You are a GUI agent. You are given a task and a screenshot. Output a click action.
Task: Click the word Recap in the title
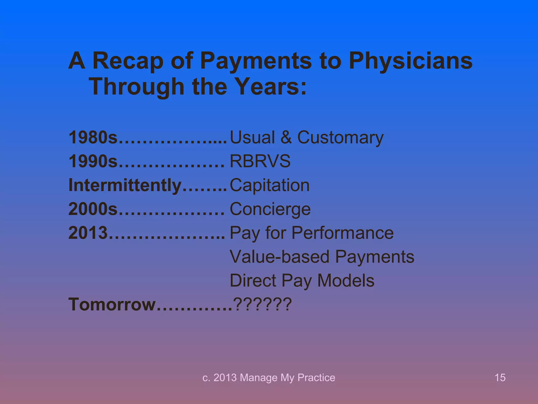pyautogui.click(x=128, y=61)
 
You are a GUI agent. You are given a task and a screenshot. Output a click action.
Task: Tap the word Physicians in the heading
pyautogui.click(x=411, y=61)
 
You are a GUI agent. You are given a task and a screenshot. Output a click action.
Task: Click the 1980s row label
pyautogui.click(x=93, y=137)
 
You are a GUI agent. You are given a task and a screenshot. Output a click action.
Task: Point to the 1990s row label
pyautogui.click(x=93, y=161)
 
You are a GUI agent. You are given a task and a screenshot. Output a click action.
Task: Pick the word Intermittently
pyautogui.click(x=125, y=185)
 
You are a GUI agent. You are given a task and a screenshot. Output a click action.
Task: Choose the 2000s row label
pyautogui.click(x=93, y=209)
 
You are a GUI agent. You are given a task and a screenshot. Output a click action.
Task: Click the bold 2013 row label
pyautogui.click(x=88, y=233)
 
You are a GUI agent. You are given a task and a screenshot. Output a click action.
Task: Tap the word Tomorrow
pyautogui.click(x=112, y=304)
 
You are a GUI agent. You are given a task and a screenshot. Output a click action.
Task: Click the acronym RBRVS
pyautogui.click(x=260, y=161)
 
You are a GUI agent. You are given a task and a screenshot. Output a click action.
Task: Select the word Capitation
pyautogui.click(x=270, y=185)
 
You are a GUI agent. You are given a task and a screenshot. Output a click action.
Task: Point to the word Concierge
pyautogui.click(x=270, y=209)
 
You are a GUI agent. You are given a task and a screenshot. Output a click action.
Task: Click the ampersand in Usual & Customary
pyautogui.click(x=286, y=137)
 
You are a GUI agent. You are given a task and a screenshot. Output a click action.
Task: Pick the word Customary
pyautogui.click(x=340, y=138)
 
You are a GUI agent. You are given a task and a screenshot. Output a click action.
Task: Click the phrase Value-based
pyautogui.click(x=280, y=257)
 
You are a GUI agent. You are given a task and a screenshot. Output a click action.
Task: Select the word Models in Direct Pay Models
pyautogui.click(x=346, y=281)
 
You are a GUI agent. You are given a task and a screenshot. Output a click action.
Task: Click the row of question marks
pyautogui.click(x=262, y=304)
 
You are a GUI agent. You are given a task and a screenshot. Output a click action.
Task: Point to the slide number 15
pyautogui.click(x=500, y=378)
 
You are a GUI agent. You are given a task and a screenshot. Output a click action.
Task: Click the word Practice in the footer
pyautogui.click(x=316, y=378)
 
